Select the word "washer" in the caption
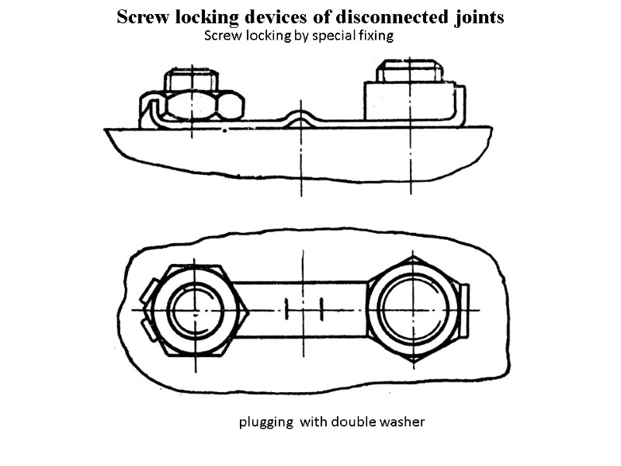[x=403, y=423]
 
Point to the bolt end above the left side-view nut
[x=191, y=79]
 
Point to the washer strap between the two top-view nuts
[x=303, y=309]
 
